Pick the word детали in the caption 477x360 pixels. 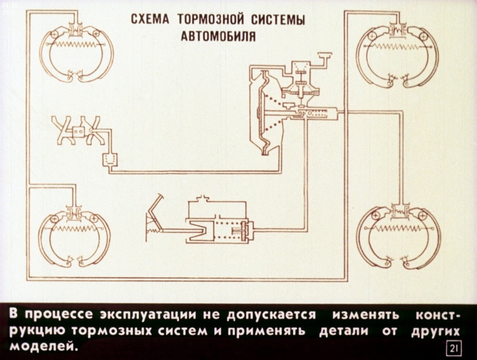coord(344,330)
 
